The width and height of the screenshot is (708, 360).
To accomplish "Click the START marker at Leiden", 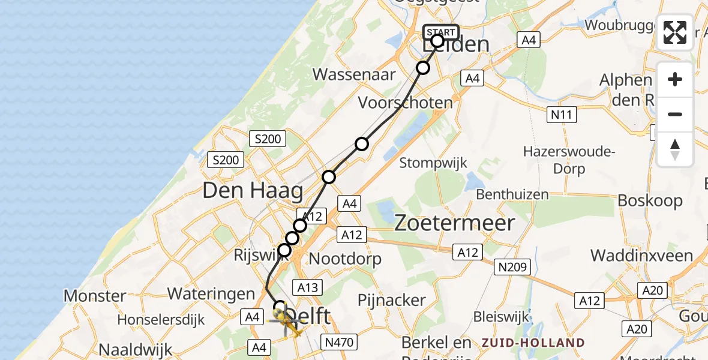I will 441,32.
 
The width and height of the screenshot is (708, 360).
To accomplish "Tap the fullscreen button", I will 675,32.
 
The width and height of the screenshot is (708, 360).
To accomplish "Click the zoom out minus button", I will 675,114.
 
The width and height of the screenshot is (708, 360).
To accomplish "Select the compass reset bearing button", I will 675,149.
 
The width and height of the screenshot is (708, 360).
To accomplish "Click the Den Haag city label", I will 253,191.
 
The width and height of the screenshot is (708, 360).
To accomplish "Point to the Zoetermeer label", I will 455,223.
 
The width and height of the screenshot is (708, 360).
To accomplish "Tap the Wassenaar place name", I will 354,74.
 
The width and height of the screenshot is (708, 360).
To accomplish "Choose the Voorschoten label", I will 405,103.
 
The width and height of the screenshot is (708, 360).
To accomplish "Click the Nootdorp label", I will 345,259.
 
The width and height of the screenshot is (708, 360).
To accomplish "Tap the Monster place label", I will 95,296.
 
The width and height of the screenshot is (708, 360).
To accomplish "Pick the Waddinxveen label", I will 641,256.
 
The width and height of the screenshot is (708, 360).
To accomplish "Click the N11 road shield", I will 562,115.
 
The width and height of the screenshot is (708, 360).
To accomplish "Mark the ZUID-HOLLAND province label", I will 533,343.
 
